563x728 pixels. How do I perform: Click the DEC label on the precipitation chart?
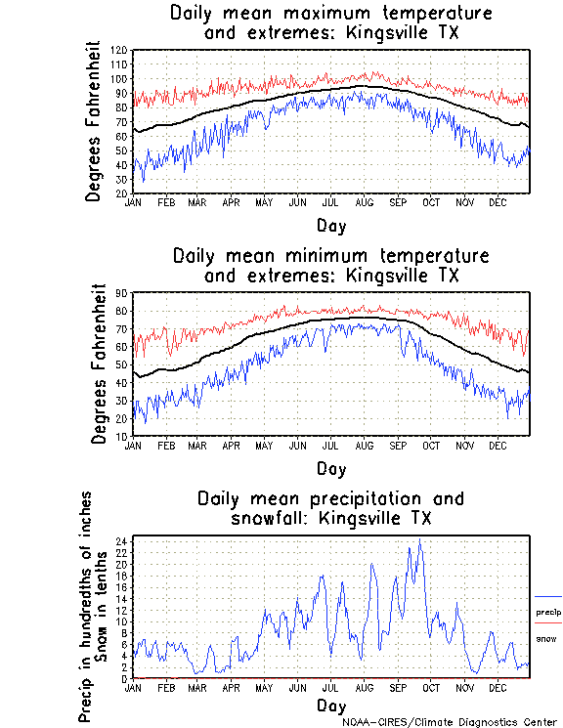click(497, 687)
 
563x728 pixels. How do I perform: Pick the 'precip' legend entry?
click(548, 612)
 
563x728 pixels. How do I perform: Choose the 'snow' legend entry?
click(546, 638)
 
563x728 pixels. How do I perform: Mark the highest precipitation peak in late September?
click(419, 540)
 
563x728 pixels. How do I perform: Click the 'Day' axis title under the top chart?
click(331, 224)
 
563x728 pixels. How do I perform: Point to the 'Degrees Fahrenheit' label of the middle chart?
click(98, 364)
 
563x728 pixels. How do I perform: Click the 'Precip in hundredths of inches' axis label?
click(86, 606)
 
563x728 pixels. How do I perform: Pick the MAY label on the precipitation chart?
click(264, 687)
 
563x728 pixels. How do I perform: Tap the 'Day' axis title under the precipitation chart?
click(331, 706)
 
